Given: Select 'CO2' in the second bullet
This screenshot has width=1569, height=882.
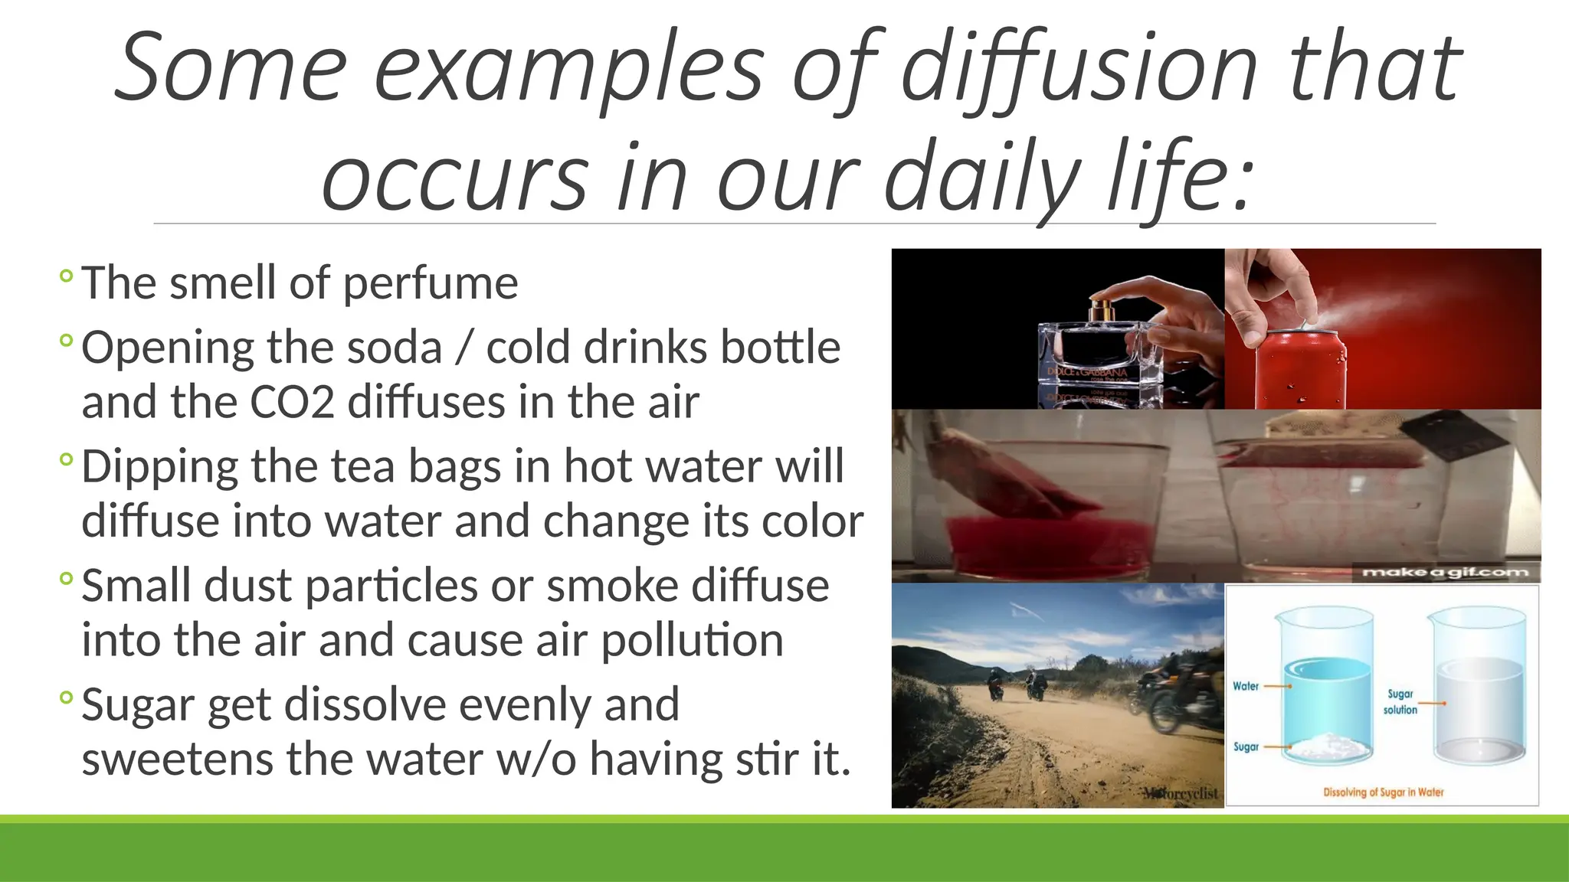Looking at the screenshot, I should coord(292,403).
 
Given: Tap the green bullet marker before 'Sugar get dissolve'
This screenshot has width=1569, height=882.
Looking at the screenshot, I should coord(66,697).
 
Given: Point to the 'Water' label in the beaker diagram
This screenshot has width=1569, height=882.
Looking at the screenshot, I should coord(1246,686).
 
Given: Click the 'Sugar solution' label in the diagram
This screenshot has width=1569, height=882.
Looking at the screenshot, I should coord(1400,701).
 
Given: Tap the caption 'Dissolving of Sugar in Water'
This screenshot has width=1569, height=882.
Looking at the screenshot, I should coord(1383,792).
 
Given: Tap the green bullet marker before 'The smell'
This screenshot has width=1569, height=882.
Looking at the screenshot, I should coord(66,276).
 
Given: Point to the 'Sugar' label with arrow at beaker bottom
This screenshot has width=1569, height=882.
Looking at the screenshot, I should coord(1246,746).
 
